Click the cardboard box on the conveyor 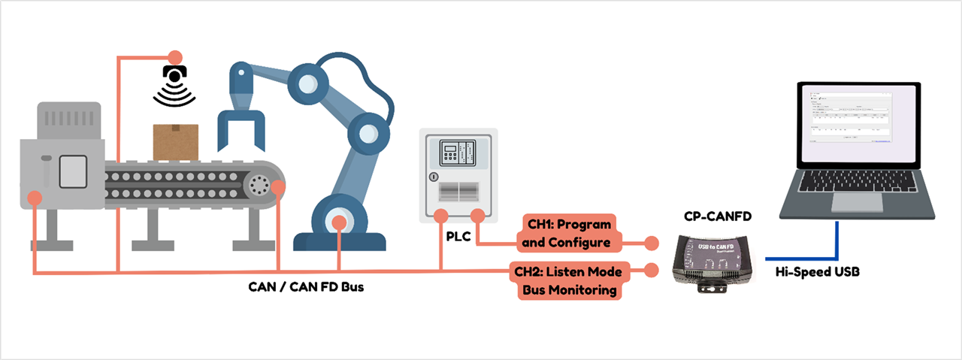[x=176, y=142]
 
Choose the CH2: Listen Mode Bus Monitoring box [x=569, y=280]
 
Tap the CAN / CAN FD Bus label [x=306, y=286]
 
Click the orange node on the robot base [x=340, y=222]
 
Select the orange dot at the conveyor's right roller [x=278, y=186]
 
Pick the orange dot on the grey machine [x=34, y=198]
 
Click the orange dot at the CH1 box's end [x=652, y=243]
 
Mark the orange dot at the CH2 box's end [x=652, y=268]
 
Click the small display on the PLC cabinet [x=450, y=153]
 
